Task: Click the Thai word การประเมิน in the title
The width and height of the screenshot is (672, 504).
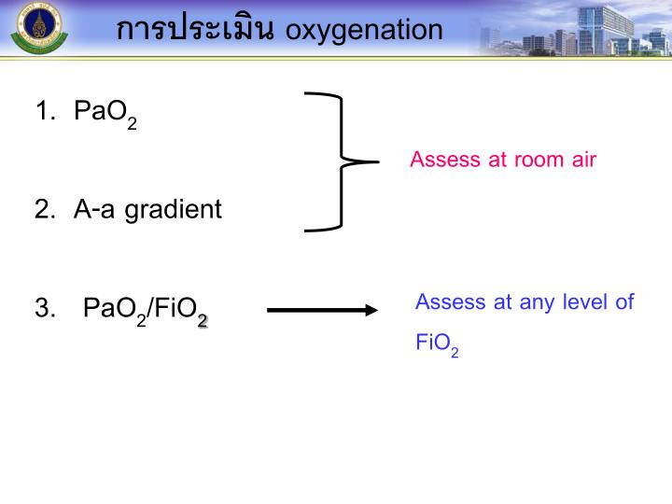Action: pyautogui.click(x=195, y=29)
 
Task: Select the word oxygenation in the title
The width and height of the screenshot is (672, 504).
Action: pyautogui.click(x=364, y=31)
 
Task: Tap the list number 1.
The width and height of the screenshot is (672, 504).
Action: pyautogui.click(x=43, y=112)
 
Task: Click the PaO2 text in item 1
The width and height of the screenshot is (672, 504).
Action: pyautogui.click(x=105, y=114)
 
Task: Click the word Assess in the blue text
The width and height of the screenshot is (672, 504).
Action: pyautogui.click(x=450, y=301)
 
